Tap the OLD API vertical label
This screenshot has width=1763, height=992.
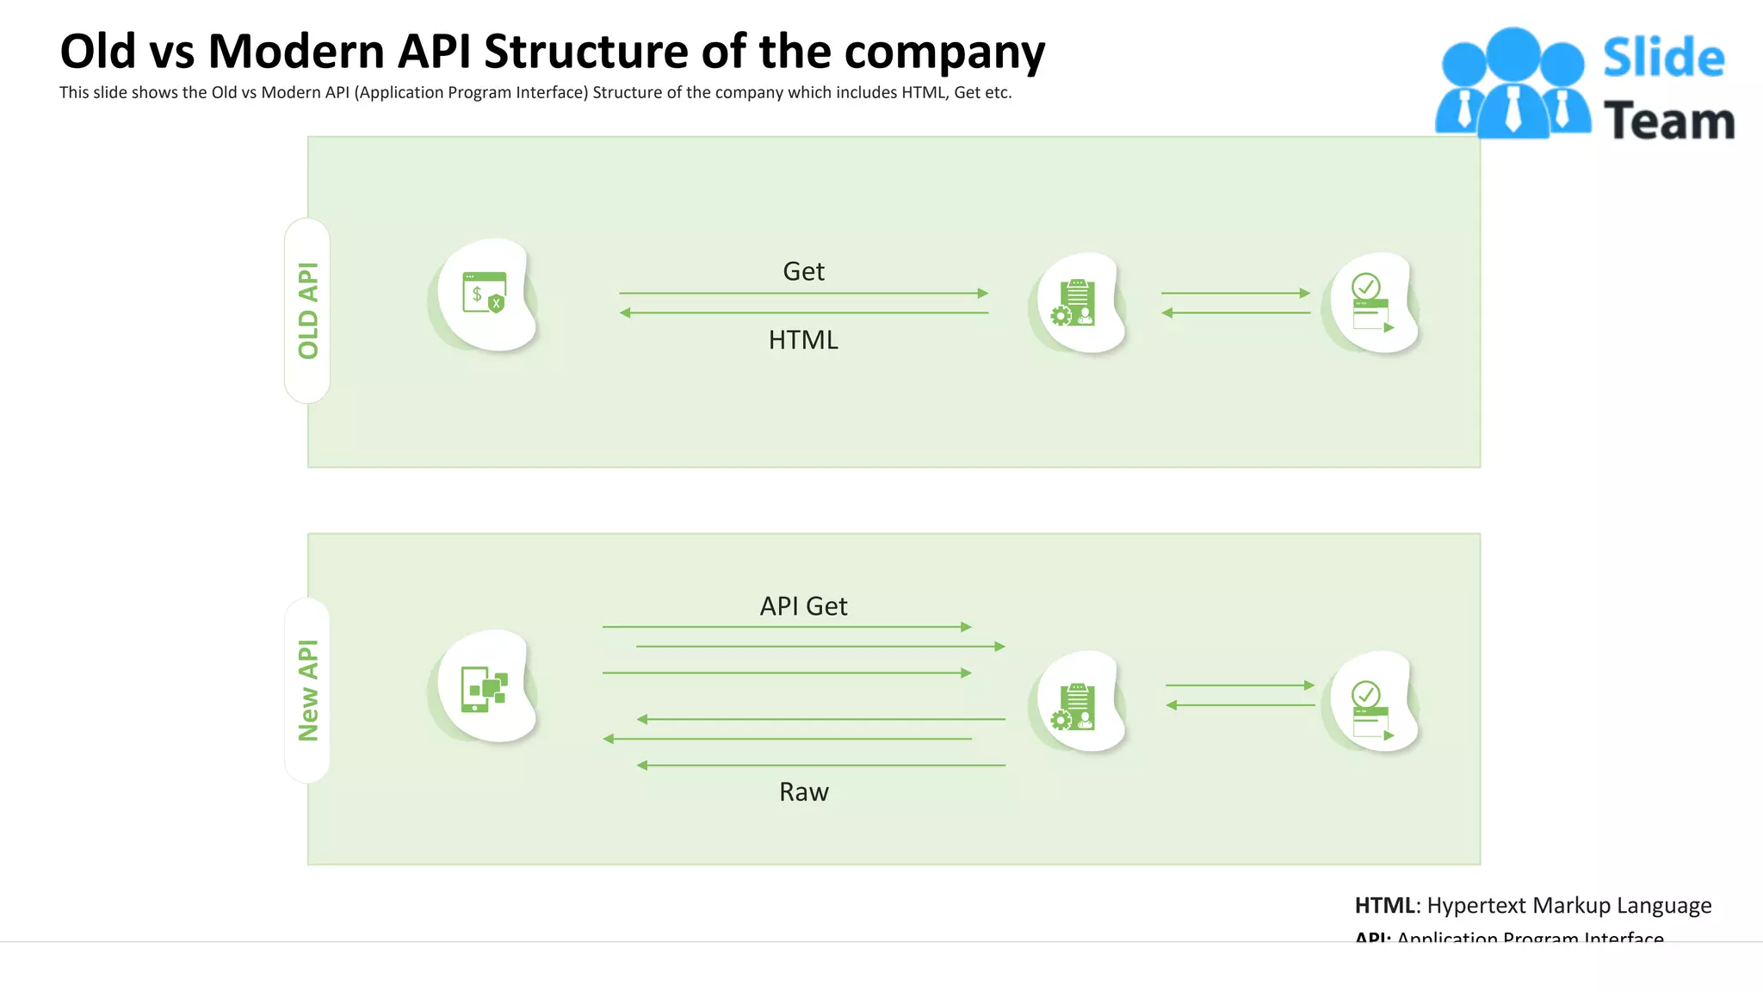tap(307, 311)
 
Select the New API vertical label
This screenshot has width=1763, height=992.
tap(307, 691)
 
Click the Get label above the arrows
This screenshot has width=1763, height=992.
tap(803, 272)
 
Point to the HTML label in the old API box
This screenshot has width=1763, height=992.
tap(803, 340)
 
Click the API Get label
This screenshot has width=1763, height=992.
tap(803, 606)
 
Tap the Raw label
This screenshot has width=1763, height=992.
tap(803, 792)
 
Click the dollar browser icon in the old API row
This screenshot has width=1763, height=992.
tap(485, 294)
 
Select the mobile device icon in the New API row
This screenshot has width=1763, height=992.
tap(485, 689)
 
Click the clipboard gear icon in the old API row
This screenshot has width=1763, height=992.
tap(1074, 303)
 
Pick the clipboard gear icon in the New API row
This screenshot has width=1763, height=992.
tap(1074, 706)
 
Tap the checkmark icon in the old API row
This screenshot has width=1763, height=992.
tap(1370, 303)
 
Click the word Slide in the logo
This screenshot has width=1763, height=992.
tap(1663, 59)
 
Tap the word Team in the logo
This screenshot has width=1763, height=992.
tap(1668, 121)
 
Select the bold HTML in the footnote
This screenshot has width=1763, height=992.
tap(1384, 906)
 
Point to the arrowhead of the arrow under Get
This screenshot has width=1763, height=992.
tap(983, 294)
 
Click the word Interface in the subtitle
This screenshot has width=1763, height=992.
tap(552, 93)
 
